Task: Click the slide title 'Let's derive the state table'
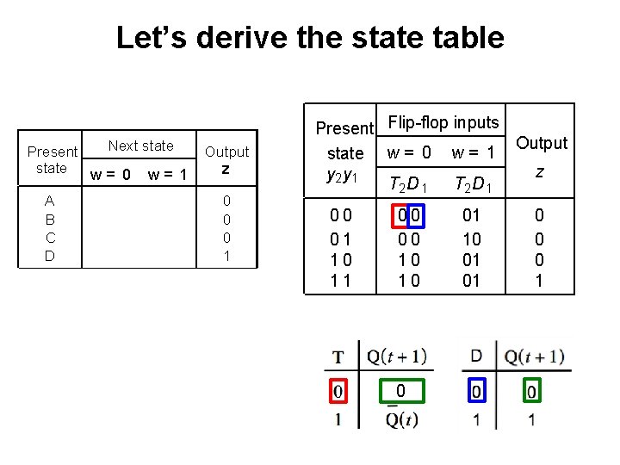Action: [309, 38]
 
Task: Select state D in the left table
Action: [50, 256]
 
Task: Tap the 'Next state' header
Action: [140, 146]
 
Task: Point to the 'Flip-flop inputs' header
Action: [443, 123]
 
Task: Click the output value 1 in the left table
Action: [226, 256]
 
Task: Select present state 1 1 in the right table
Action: [342, 281]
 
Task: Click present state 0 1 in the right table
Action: [342, 239]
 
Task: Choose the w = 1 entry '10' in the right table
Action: [471, 239]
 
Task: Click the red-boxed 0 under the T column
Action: [338, 393]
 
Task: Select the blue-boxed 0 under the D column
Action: [476, 393]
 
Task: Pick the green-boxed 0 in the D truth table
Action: [531, 393]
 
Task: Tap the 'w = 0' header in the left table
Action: [111, 175]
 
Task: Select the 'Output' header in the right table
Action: [541, 143]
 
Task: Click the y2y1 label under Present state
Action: [344, 175]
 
